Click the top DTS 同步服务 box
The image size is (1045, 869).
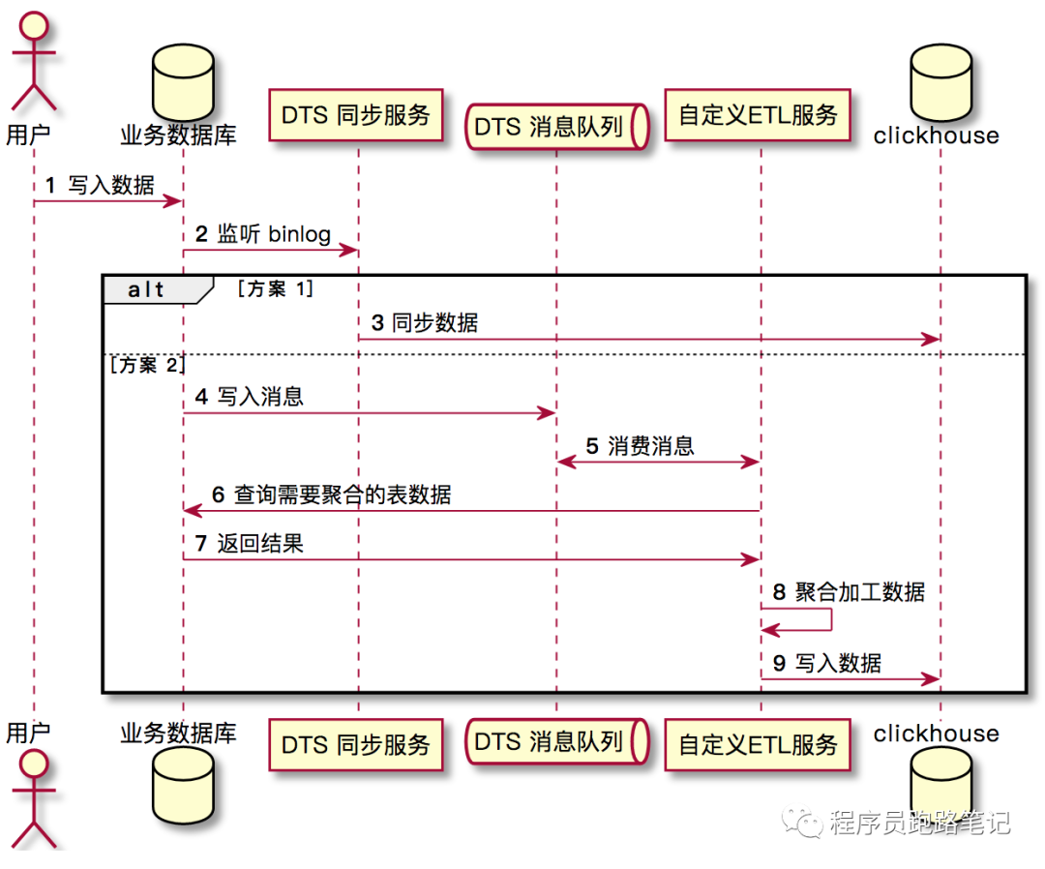pyautogui.click(x=356, y=115)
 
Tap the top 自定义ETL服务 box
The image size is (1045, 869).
pyautogui.click(x=758, y=115)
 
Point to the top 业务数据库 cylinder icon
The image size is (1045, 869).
pyautogui.click(x=183, y=80)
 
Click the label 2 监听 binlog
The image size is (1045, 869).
pyautogui.click(x=263, y=234)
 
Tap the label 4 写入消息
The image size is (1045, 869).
pyautogui.click(x=249, y=396)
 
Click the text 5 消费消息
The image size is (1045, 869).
pyautogui.click(x=640, y=445)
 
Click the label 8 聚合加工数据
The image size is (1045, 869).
pyautogui.click(x=849, y=591)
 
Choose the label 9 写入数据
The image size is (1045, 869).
pyautogui.click(x=827, y=663)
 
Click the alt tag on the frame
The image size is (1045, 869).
pyautogui.click(x=147, y=289)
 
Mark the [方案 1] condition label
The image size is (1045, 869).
pyautogui.click(x=276, y=288)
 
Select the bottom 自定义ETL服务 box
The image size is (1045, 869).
pyautogui.click(x=758, y=744)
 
